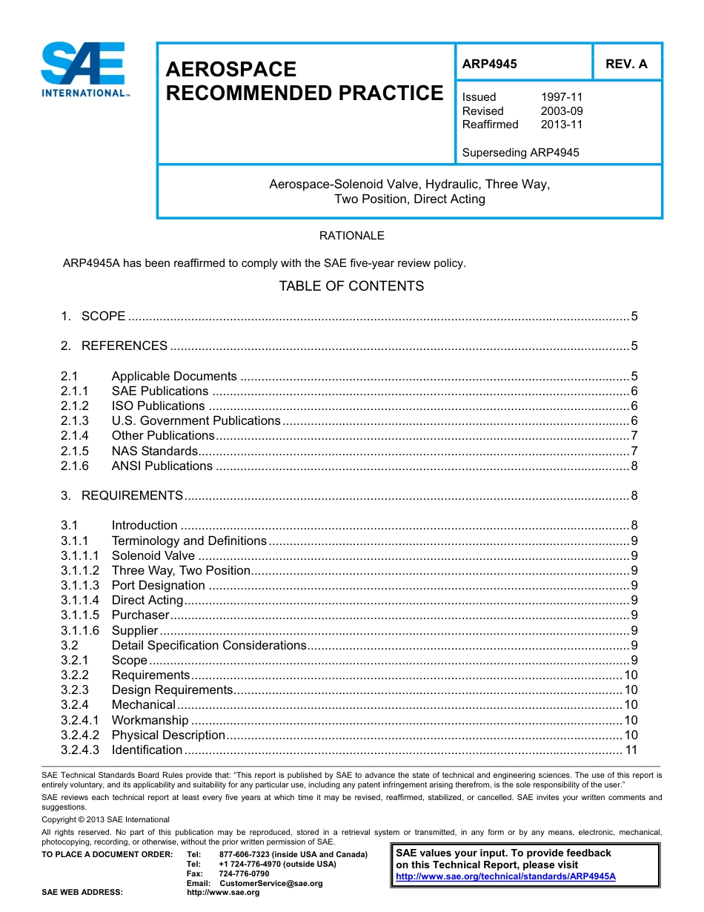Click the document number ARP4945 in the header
[489, 64]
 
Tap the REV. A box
[626, 64]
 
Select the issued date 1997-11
[561, 97]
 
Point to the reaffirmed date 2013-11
[561, 125]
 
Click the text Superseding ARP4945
[520, 153]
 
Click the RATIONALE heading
[351, 236]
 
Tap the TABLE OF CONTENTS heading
[351, 286]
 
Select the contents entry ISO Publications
[158, 406]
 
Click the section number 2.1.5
[75, 451]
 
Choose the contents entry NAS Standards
[154, 451]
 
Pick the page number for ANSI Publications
[634, 466]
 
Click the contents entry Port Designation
[158, 586]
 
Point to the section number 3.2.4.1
[80, 720]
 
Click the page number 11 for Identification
[631, 750]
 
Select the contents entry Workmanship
[150, 720]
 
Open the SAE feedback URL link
[505, 876]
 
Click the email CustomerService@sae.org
[270, 884]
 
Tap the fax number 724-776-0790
[244, 874]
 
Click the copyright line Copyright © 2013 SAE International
[105, 819]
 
